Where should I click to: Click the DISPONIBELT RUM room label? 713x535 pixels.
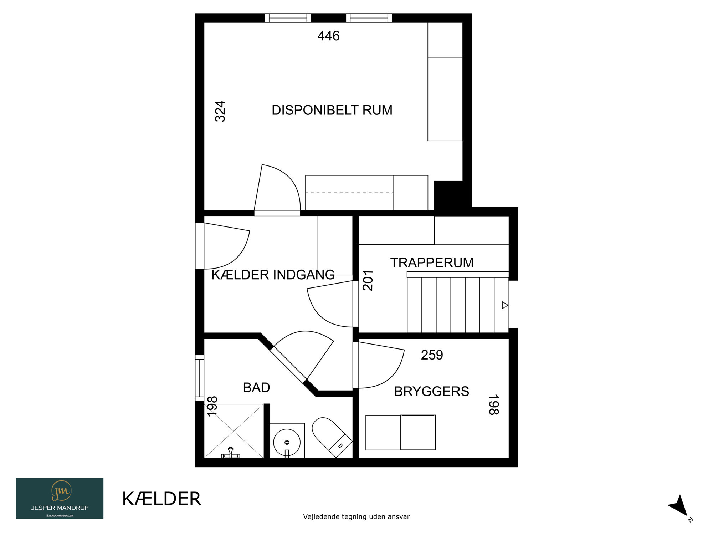pos(332,110)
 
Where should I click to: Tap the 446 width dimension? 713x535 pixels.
pos(328,36)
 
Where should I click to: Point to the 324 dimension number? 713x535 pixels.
pos(220,111)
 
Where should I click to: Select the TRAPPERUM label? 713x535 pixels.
pos(432,263)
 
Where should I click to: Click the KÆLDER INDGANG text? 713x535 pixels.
pos(273,275)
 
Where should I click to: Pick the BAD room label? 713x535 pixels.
pos(256,388)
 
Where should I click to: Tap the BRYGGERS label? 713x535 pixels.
pos(431,392)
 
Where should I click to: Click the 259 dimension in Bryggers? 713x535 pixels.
pos(432,355)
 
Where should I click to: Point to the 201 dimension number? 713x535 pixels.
pos(368,280)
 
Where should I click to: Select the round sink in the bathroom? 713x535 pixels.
pos(287,442)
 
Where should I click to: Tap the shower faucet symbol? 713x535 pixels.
pos(231,453)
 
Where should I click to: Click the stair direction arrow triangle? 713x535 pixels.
pos(505,305)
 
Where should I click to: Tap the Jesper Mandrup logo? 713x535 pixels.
pos(60,498)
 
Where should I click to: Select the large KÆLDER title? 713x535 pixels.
pos(162,499)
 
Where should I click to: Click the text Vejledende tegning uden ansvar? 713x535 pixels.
pos(356,516)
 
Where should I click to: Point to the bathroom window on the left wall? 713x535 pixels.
pos(200,378)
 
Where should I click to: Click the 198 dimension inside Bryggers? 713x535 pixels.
pos(493,405)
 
